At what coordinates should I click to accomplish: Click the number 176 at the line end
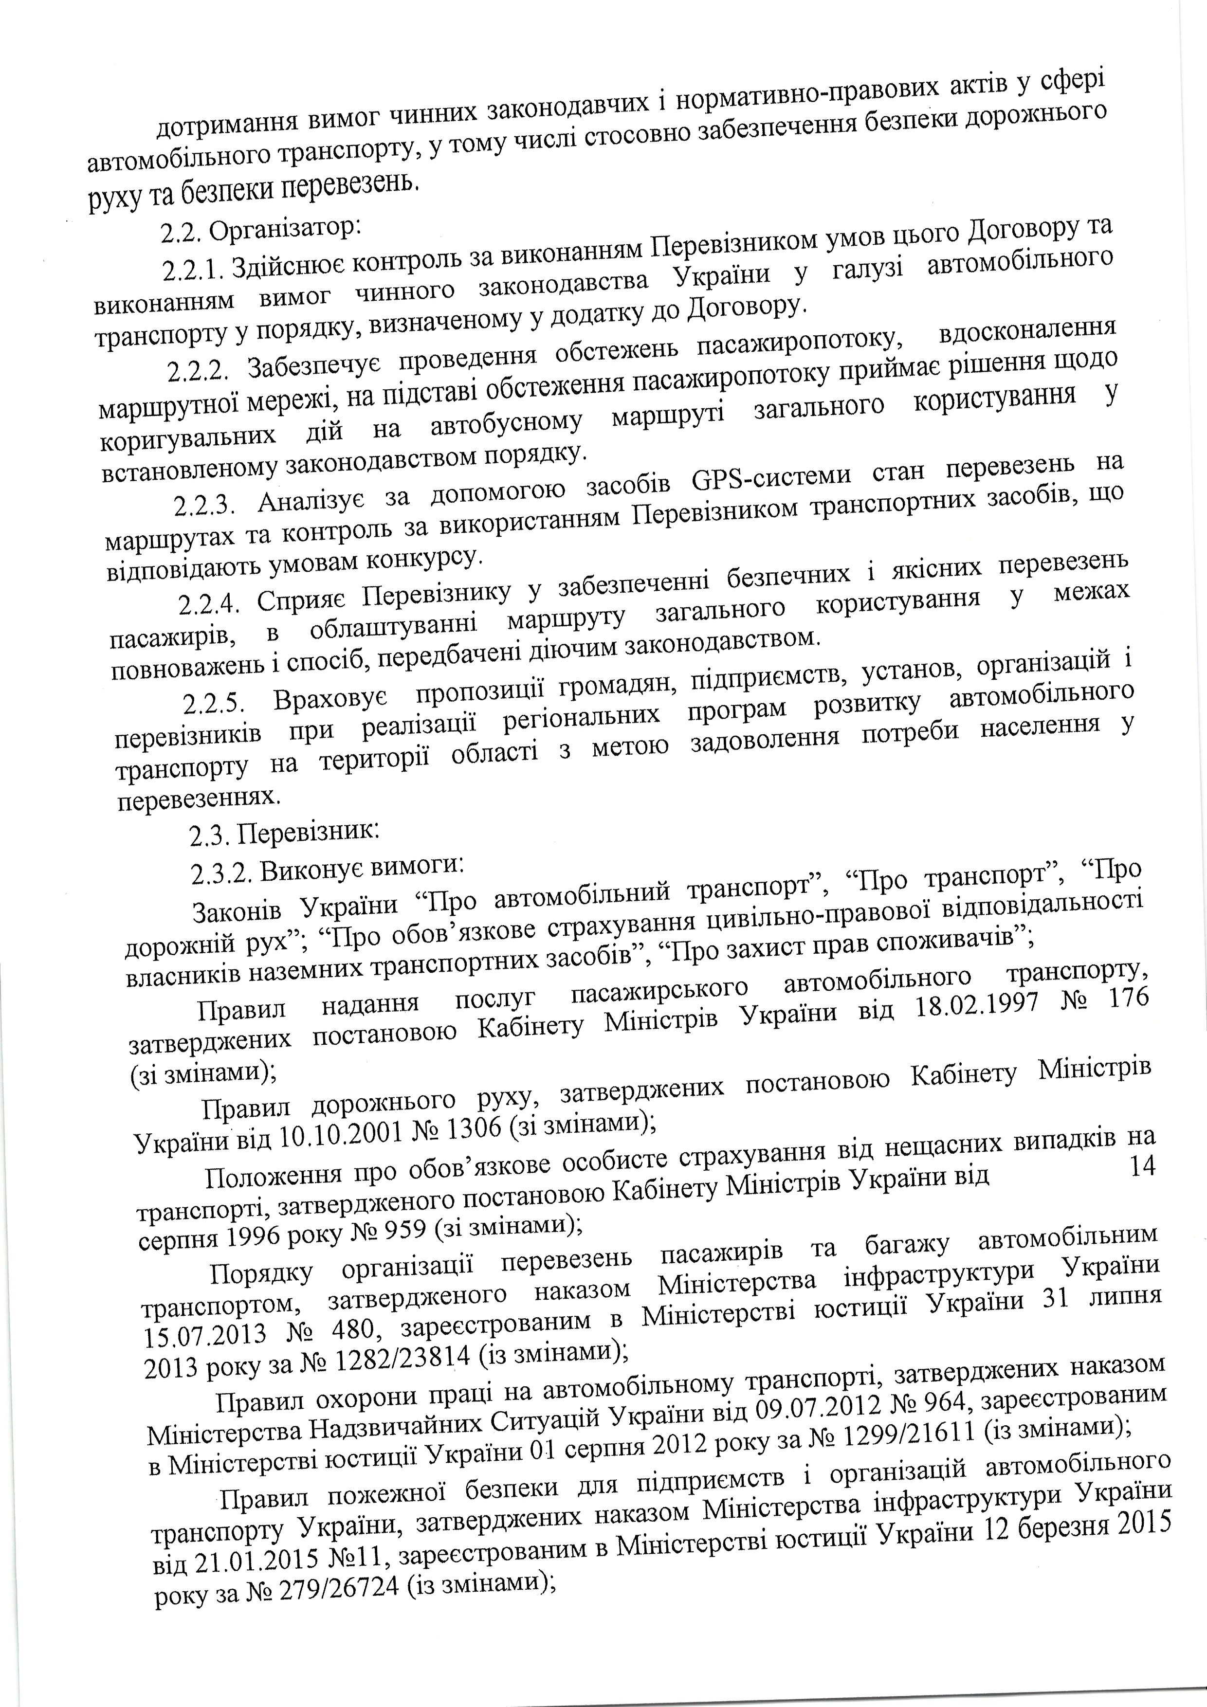[1128, 997]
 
